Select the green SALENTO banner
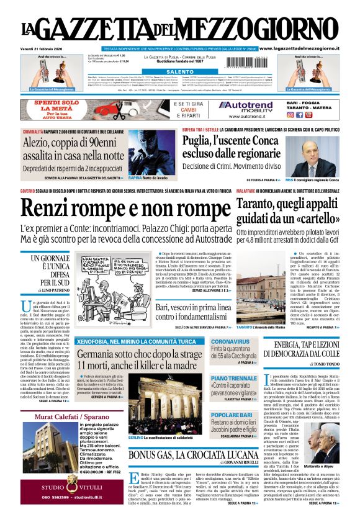pos(180,72)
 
